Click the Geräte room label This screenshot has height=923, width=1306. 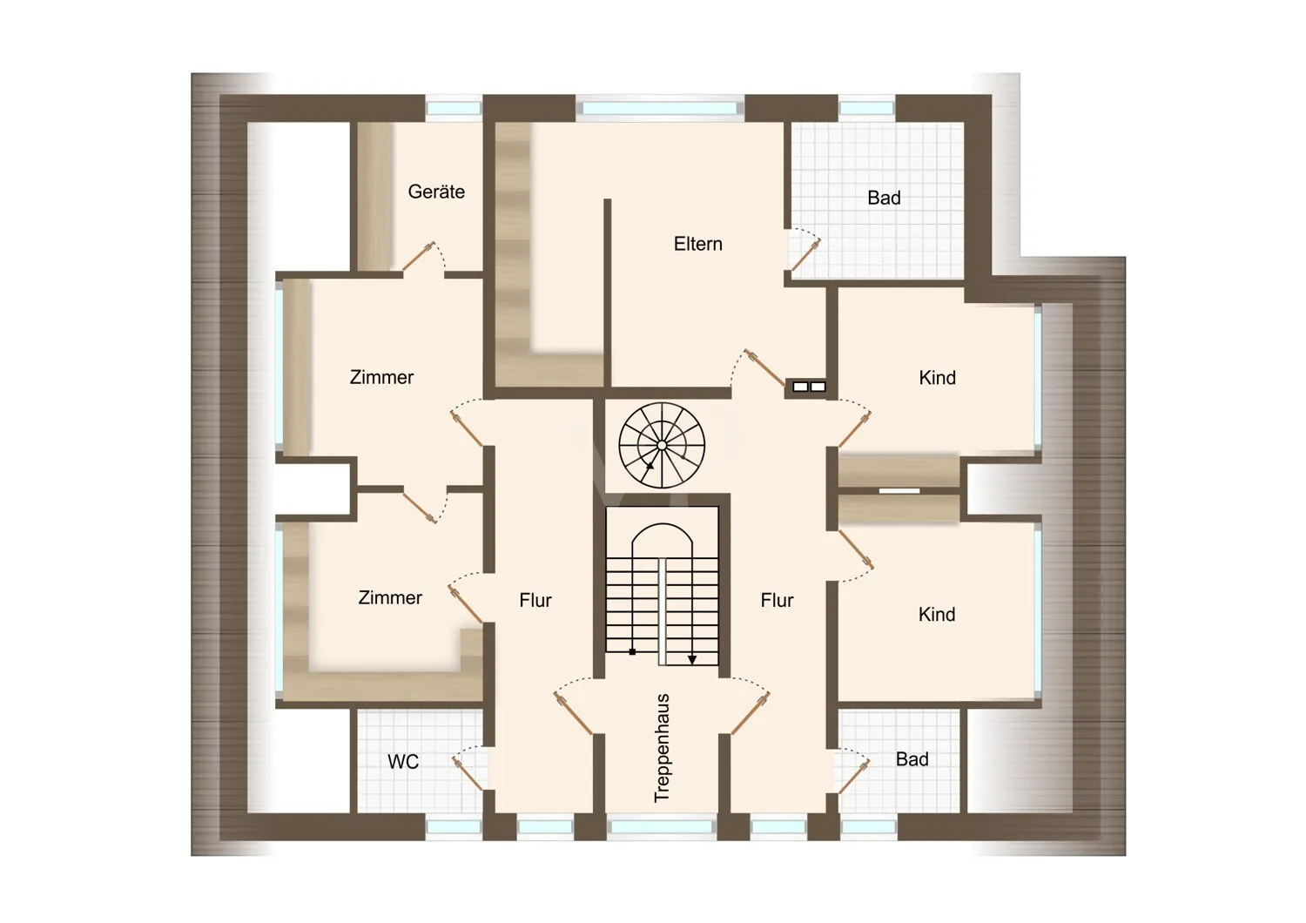click(436, 192)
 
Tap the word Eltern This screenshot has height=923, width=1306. click(698, 244)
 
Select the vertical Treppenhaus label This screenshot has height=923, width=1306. click(662, 748)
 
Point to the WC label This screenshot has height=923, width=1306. click(403, 762)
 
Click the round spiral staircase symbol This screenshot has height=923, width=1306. click(662, 445)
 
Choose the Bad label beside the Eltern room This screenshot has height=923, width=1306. click(884, 199)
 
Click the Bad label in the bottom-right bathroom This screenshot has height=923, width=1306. click(912, 759)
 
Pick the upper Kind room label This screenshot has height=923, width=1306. click(937, 378)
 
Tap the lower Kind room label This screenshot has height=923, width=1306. click(937, 615)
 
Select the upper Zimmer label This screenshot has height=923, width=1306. click(381, 378)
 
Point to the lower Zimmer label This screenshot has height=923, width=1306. click(390, 598)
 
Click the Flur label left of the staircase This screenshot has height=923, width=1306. click(535, 601)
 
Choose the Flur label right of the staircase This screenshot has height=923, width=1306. click(777, 601)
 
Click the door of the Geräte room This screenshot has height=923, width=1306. click(419, 257)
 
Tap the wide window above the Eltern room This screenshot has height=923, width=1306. click(660, 109)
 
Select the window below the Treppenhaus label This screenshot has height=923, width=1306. click(662, 826)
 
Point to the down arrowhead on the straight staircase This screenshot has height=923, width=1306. click(692, 660)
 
